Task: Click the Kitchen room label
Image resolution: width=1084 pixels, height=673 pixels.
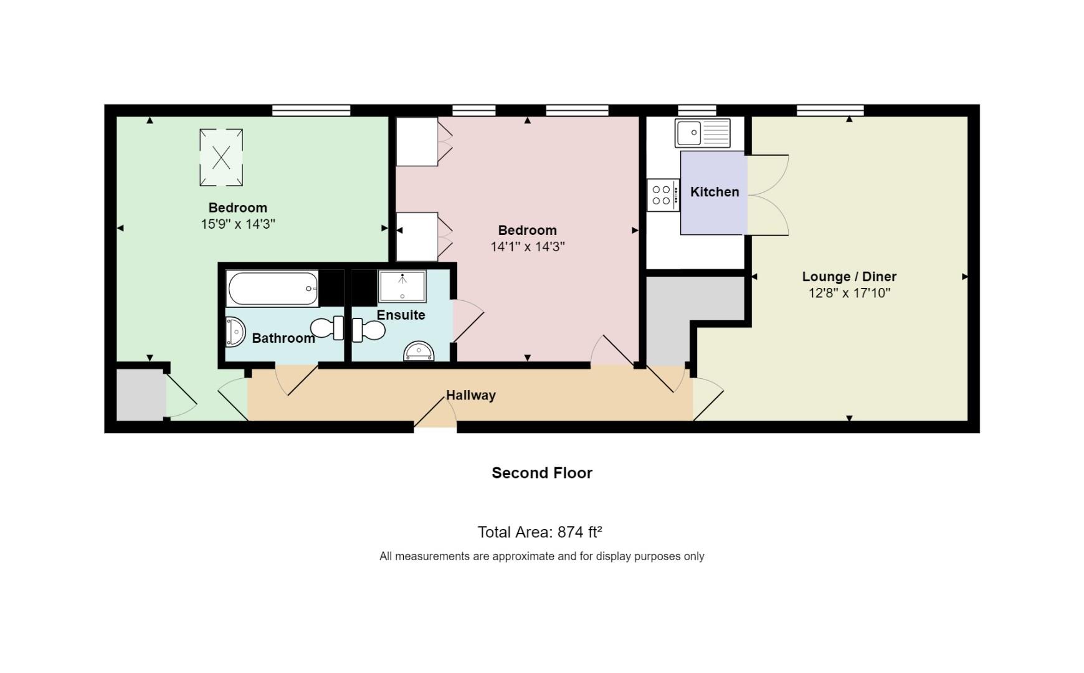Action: coord(715,192)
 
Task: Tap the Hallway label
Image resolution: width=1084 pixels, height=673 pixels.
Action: coord(471,395)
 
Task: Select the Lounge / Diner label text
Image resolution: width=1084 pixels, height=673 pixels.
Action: coord(849,277)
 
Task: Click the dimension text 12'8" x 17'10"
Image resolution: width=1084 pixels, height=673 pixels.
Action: coord(849,293)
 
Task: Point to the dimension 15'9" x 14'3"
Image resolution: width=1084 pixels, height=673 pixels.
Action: coord(238,224)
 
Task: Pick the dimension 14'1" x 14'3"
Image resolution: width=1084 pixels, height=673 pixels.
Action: coord(528,247)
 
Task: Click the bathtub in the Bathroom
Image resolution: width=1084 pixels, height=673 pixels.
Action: coord(273,289)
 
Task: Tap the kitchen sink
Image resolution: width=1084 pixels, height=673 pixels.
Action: coord(703,133)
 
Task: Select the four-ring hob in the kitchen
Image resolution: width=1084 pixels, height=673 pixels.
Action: coord(662,195)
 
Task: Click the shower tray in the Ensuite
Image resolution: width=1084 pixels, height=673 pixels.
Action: coord(402,286)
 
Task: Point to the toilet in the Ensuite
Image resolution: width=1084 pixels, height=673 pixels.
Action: coord(368,330)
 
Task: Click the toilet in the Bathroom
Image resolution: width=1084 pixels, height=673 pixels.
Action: coord(327,328)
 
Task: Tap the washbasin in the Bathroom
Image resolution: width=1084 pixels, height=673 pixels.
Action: coord(235,332)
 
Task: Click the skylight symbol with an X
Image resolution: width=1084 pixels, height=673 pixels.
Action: coord(221,158)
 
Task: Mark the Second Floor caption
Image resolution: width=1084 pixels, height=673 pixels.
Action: coord(542,473)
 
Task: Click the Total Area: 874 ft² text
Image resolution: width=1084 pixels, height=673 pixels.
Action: coord(540,532)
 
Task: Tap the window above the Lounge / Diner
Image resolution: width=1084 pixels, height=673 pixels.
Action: coord(830,111)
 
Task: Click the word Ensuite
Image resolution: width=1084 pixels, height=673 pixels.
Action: coord(401,315)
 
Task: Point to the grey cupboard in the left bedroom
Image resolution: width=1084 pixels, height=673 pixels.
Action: coord(141,394)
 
